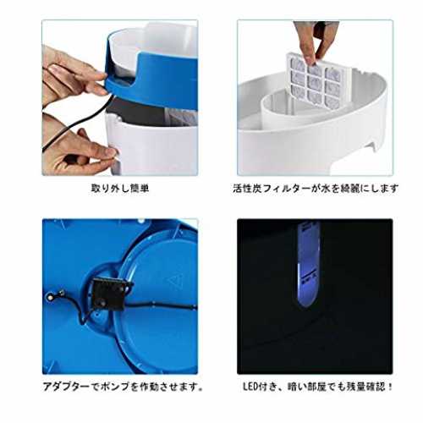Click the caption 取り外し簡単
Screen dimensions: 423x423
pos(120,188)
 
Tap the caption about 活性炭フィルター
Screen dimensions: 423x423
pos(316,188)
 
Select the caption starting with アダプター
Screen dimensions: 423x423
pos(123,387)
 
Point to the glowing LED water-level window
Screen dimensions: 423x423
pos(309,265)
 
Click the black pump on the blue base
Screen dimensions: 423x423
pos(111,293)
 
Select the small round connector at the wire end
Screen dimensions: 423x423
pos(50,297)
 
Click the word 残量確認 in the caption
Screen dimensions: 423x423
pos(366,387)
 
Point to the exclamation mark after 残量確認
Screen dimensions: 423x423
pos(390,387)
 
